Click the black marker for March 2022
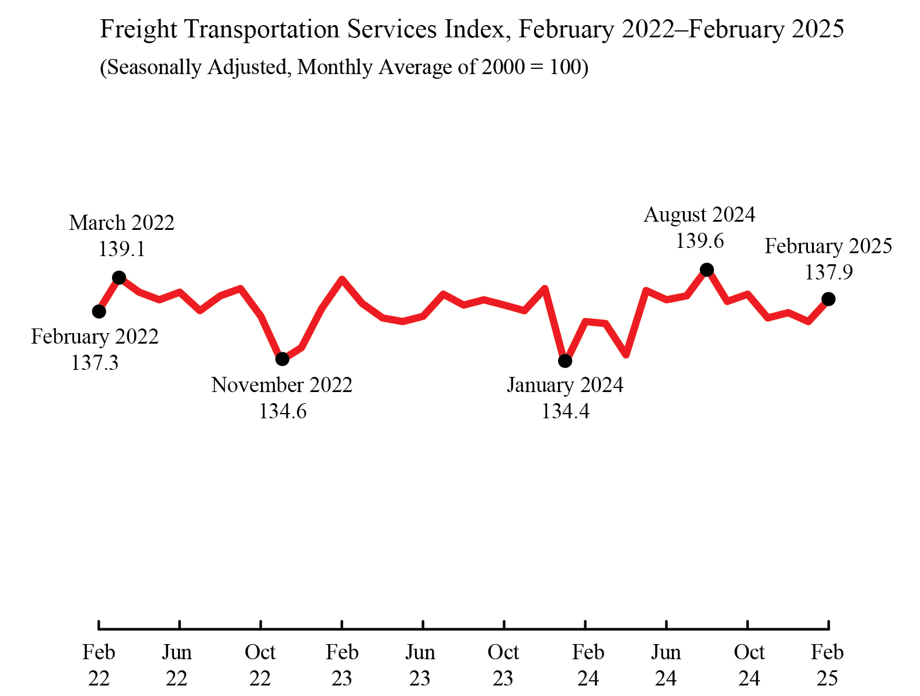click(119, 277)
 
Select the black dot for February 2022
click(99, 312)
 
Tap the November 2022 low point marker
click(282, 359)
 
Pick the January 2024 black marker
click(565, 361)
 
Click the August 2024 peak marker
click(706, 270)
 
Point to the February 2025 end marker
click(828, 299)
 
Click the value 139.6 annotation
click(699, 241)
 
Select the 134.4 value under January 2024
click(565, 411)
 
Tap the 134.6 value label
click(283, 411)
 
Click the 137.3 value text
click(95, 363)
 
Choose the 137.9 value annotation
click(828, 272)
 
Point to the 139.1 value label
click(121, 249)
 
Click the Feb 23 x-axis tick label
click(342, 664)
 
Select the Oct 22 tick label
click(260, 664)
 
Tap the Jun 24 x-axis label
click(665, 664)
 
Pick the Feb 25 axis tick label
click(827, 664)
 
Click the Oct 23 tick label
click(503, 664)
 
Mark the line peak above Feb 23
click(342, 279)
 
